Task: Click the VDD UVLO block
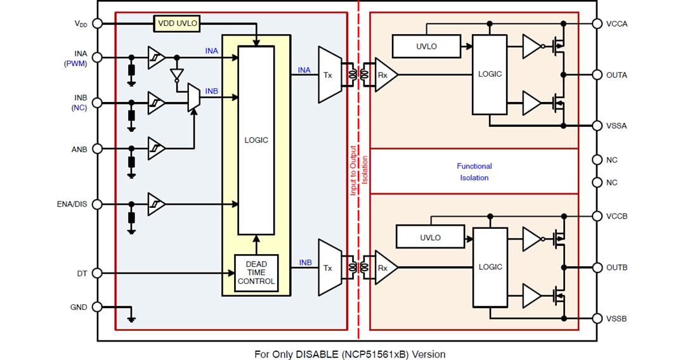point(177,24)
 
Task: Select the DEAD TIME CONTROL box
point(256,273)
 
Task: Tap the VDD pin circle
point(98,23)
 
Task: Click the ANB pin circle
point(98,149)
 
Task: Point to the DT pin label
point(81,274)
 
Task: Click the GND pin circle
point(98,307)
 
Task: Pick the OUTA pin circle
point(597,75)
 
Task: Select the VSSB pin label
point(616,318)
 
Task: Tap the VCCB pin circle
point(597,216)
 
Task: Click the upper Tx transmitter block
point(329,75)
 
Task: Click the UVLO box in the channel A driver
point(426,46)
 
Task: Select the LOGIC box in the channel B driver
point(490,267)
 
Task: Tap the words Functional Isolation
point(474,172)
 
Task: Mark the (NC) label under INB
point(79,108)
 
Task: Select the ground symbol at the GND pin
point(131,318)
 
